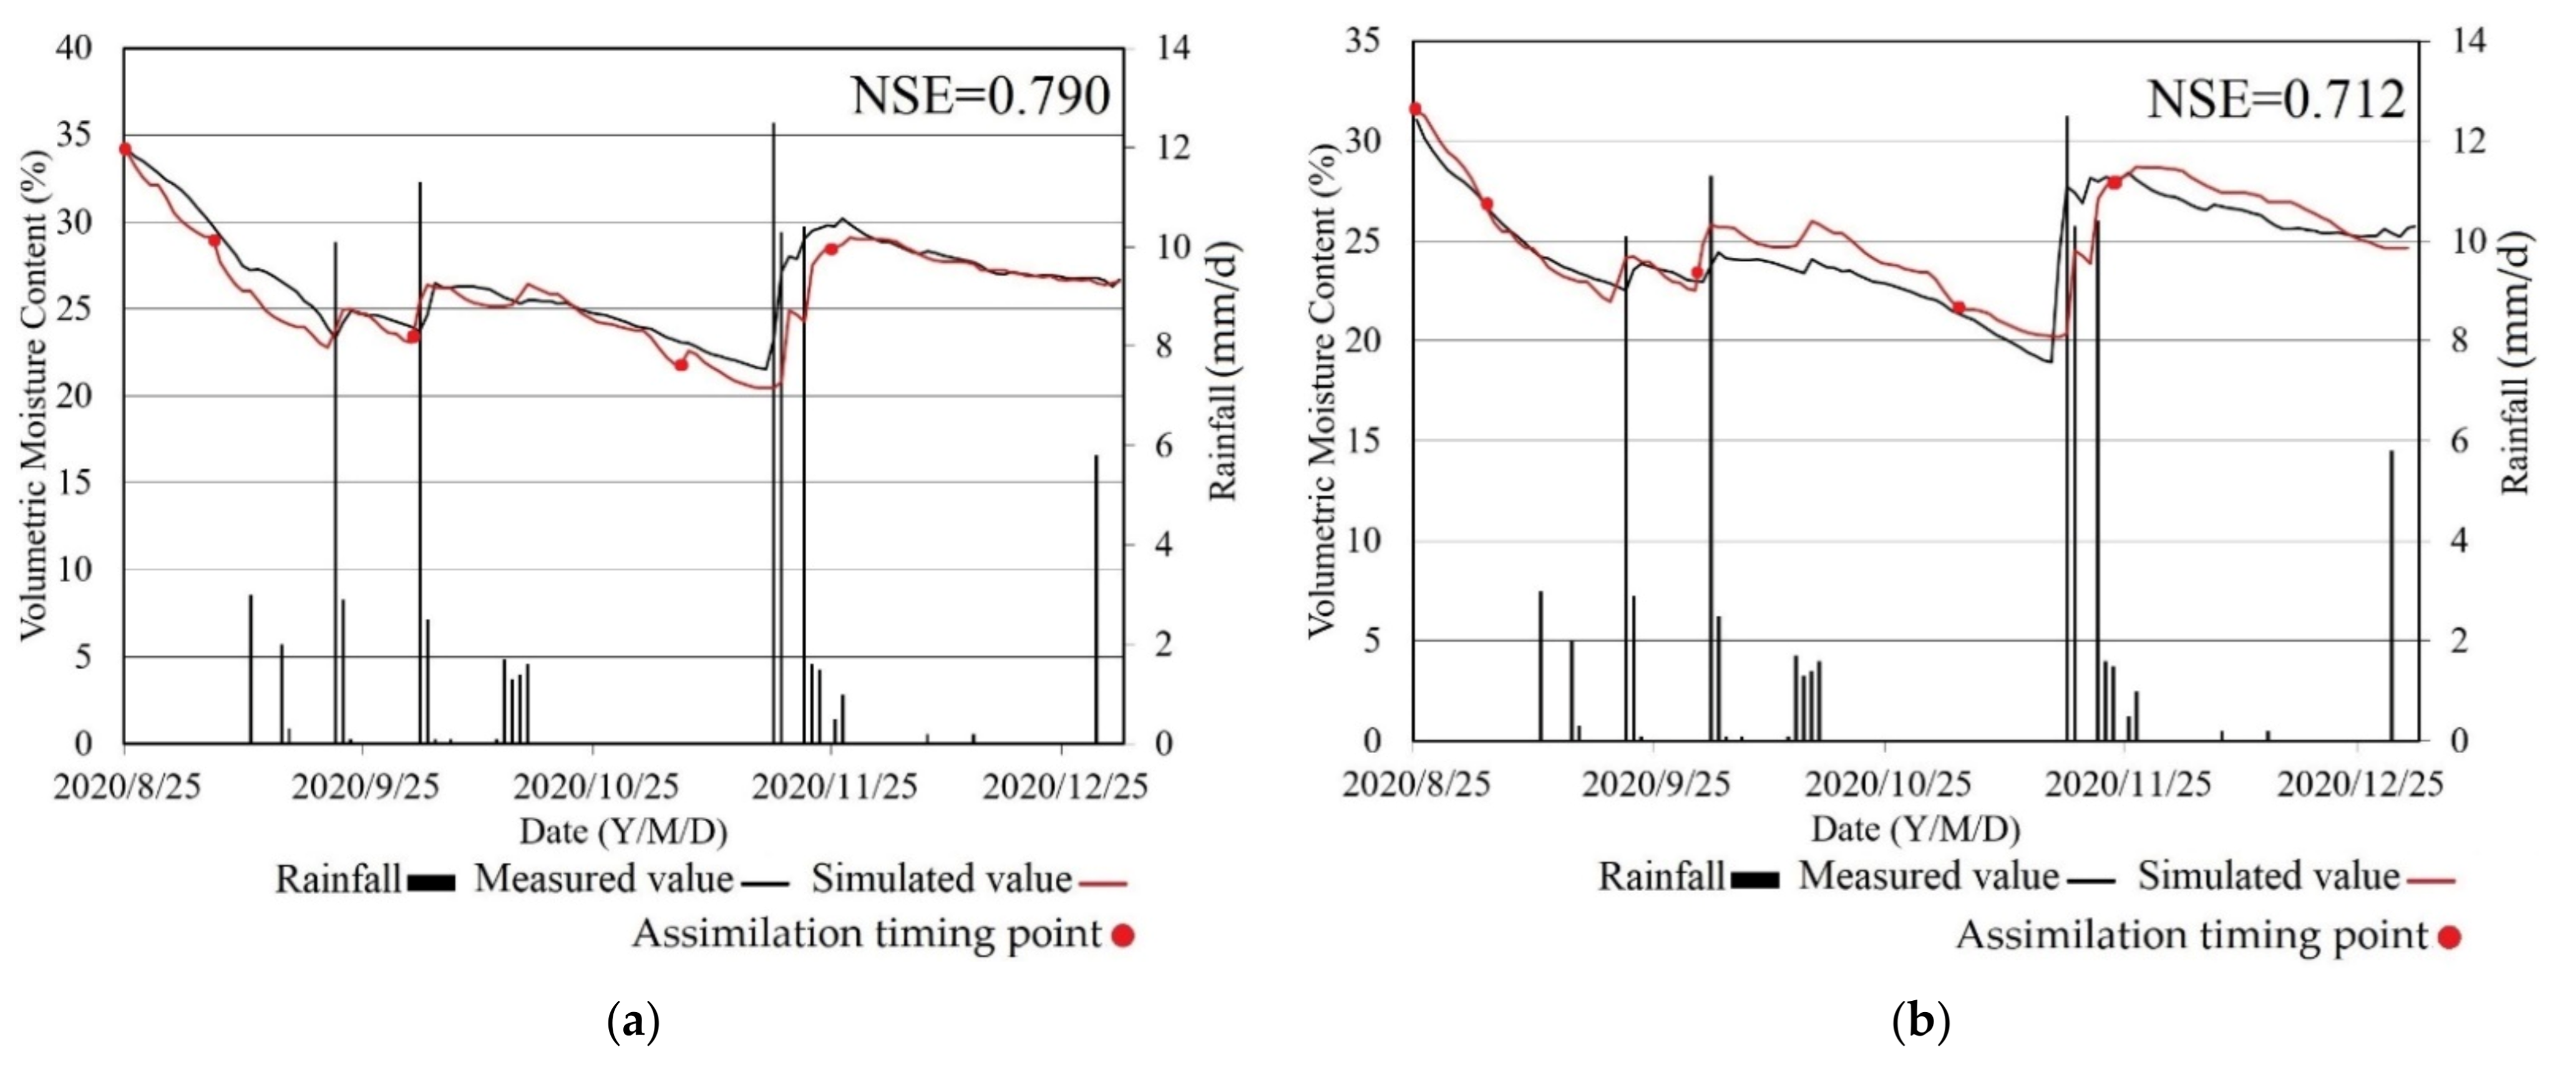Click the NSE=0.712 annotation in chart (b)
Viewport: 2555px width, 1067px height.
click(2276, 100)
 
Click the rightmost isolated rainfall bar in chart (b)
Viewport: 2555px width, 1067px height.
click(2390, 595)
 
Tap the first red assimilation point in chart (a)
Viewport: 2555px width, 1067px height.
click(125, 149)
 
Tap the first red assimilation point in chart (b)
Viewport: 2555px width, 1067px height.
click(1414, 109)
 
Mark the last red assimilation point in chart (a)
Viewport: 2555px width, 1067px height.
click(831, 249)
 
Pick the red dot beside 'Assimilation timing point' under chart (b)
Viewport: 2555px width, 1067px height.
click(2449, 937)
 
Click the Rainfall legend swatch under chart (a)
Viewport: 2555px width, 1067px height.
click(432, 882)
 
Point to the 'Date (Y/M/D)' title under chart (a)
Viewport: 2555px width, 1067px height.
click(623, 831)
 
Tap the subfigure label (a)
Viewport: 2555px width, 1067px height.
click(632, 1021)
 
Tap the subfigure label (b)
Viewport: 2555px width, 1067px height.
click(1921, 1021)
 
